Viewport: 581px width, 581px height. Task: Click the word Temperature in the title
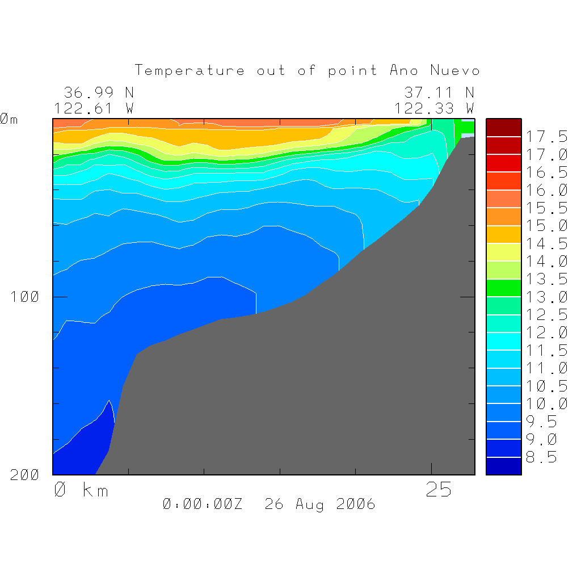click(x=190, y=71)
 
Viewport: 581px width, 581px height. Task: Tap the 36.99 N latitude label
click(x=98, y=92)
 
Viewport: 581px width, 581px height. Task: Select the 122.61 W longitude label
click(x=94, y=108)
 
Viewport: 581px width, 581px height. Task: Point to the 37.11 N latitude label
click(x=439, y=92)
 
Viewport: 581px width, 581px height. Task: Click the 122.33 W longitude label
click(x=434, y=108)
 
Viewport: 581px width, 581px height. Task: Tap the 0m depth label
click(x=9, y=119)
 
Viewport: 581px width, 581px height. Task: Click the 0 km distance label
click(x=81, y=490)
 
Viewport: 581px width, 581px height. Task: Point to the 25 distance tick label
click(x=439, y=490)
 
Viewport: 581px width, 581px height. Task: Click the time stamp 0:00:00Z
click(x=203, y=504)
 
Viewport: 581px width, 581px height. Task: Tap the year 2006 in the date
click(x=355, y=504)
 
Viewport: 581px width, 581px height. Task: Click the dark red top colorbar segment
click(x=503, y=128)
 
